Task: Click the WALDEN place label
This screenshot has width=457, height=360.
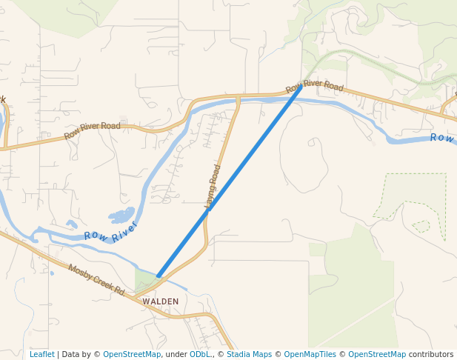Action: coord(161,301)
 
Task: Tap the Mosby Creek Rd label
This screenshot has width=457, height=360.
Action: coord(96,279)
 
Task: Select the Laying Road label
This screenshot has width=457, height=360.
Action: coord(213,185)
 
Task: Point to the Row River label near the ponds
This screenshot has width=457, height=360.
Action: coord(111,230)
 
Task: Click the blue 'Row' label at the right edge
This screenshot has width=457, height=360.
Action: coord(442,138)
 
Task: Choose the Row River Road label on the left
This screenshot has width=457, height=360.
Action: coord(92,130)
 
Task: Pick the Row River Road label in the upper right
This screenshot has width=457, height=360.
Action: coord(315,87)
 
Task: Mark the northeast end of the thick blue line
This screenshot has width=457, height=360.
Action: coord(301,87)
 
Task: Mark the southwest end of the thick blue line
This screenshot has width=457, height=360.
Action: coord(159,276)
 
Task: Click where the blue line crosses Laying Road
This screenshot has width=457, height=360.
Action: coord(209,209)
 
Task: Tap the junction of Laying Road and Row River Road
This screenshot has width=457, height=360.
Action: coord(238,97)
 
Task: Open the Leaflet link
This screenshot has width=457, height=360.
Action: coord(41,354)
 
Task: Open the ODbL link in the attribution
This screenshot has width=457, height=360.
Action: coord(200,354)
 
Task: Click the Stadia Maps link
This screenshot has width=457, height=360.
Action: coord(249,354)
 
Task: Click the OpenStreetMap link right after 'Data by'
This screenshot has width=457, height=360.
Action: coord(132,354)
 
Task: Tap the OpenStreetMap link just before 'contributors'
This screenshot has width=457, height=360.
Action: coord(377,354)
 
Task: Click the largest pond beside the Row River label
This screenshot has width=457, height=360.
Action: coord(121,216)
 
